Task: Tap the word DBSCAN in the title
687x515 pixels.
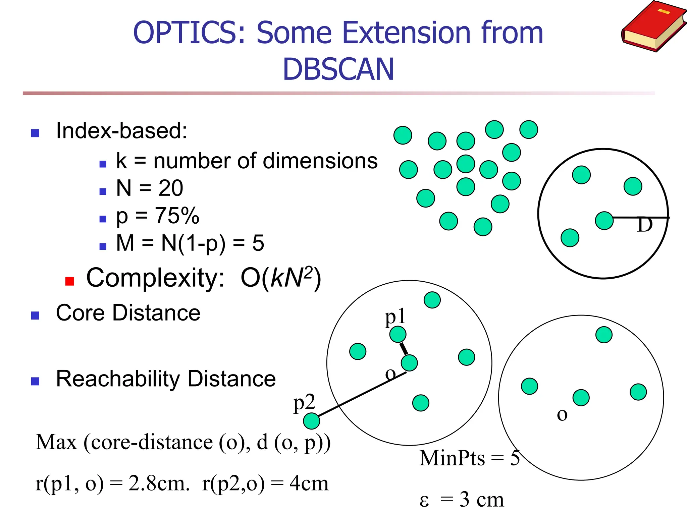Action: coord(338,69)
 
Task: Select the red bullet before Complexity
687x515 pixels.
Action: coord(69,281)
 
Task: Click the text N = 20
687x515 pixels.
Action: coord(149,188)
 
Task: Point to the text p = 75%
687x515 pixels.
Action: coord(157,216)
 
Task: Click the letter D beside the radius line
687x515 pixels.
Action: coord(644,225)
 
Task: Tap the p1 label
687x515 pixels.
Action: coord(395,317)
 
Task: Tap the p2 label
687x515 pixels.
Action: coord(304,402)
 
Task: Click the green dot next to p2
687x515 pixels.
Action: coord(311,421)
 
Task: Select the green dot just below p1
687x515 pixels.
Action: coord(398,334)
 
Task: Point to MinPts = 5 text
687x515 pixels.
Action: coord(469,458)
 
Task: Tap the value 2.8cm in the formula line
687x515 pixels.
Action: coord(159,484)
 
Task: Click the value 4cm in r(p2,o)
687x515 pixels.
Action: coord(309,484)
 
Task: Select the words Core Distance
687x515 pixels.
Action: coord(128,313)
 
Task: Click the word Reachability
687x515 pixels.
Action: coord(118,379)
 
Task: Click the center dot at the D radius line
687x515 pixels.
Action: coord(604,221)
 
